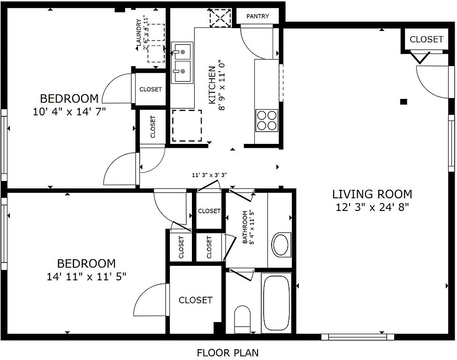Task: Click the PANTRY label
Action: (258, 16)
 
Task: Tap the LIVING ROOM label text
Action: (372, 194)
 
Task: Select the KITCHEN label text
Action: (212, 85)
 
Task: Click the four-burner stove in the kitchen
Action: (267, 120)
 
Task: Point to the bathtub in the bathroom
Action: (276, 303)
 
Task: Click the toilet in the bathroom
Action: (242, 319)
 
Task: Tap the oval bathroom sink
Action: (281, 245)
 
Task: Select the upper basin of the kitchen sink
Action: (182, 51)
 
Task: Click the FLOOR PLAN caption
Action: (228, 352)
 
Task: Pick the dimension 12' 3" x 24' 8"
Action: (373, 207)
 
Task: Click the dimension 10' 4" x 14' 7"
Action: (69, 112)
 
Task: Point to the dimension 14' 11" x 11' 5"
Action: (86, 277)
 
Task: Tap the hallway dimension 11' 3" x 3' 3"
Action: (209, 175)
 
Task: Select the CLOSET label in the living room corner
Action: (427, 39)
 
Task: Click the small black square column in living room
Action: (404, 102)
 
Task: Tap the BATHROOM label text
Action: (245, 227)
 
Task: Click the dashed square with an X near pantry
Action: (221, 18)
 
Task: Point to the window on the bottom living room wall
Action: (358, 337)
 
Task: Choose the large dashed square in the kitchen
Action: (187, 126)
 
